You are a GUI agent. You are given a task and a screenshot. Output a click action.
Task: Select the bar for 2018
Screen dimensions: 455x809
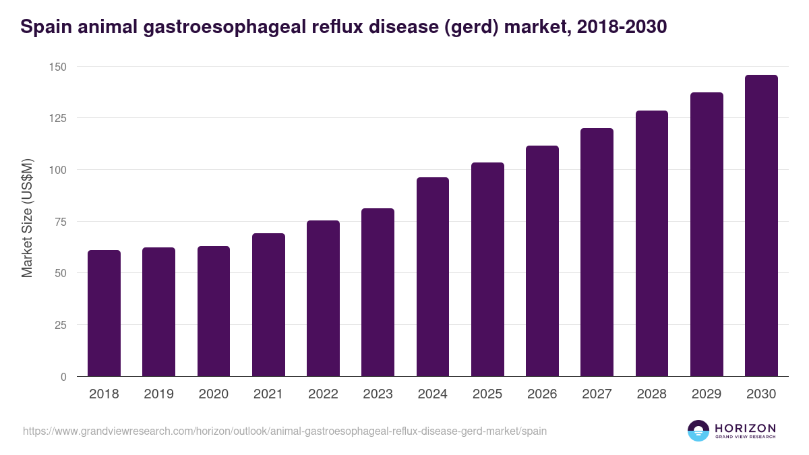click(x=104, y=313)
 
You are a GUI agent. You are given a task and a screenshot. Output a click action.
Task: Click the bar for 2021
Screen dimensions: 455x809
click(x=268, y=305)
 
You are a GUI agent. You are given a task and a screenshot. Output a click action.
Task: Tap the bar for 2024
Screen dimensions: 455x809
click(x=433, y=277)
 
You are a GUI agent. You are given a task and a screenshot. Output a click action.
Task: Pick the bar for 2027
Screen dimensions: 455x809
click(x=597, y=252)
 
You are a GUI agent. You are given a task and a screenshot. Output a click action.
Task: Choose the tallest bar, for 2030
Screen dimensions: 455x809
click(x=761, y=226)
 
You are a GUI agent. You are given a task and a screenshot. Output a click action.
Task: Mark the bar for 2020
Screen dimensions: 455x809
click(x=214, y=311)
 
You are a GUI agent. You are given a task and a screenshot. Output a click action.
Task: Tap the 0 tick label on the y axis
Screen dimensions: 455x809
click(x=63, y=377)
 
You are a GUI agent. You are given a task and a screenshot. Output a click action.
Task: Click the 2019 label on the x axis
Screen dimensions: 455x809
click(x=158, y=394)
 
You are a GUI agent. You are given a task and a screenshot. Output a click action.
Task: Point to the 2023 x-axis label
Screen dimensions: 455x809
click(x=378, y=394)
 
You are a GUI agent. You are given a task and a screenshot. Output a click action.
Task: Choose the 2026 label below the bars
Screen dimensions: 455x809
click(x=542, y=394)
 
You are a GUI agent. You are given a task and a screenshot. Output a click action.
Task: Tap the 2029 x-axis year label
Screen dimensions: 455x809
click(x=707, y=394)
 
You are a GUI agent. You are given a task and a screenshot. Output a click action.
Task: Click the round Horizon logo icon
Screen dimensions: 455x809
click(x=698, y=431)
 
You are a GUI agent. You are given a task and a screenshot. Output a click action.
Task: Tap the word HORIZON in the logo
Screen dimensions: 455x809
click(x=745, y=427)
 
